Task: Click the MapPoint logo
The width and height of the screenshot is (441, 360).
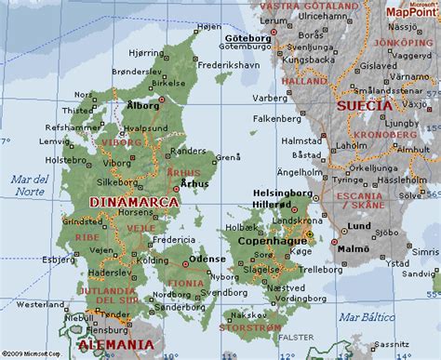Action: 411,13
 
